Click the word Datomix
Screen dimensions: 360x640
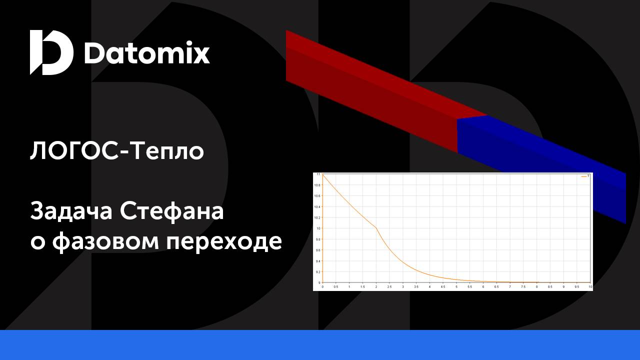pyautogui.click(x=146, y=53)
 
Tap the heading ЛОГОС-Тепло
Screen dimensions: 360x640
pyautogui.click(x=117, y=150)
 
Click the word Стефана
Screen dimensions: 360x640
pyautogui.click(x=172, y=211)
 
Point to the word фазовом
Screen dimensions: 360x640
pyautogui.click(x=105, y=242)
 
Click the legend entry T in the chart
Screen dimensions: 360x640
pyautogui.click(x=588, y=176)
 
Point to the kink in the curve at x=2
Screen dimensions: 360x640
pyautogui.click(x=376, y=228)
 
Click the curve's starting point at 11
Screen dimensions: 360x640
pyautogui.click(x=322, y=174)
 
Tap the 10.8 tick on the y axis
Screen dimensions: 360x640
pyautogui.click(x=317, y=185)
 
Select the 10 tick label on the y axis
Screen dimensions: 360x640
pyautogui.click(x=318, y=228)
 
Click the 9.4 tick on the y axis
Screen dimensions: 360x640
pyautogui.click(x=317, y=261)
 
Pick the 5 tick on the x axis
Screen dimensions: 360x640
pyautogui.click(x=456, y=287)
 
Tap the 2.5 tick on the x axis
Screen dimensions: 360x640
pyautogui.click(x=389, y=287)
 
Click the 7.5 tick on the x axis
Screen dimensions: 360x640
pyautogui.click(x=523, y=287)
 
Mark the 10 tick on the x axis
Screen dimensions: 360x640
pyautogui.click(x=590, y=287)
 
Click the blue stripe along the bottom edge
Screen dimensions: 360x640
pyautogui.click(x=320, y=345)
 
